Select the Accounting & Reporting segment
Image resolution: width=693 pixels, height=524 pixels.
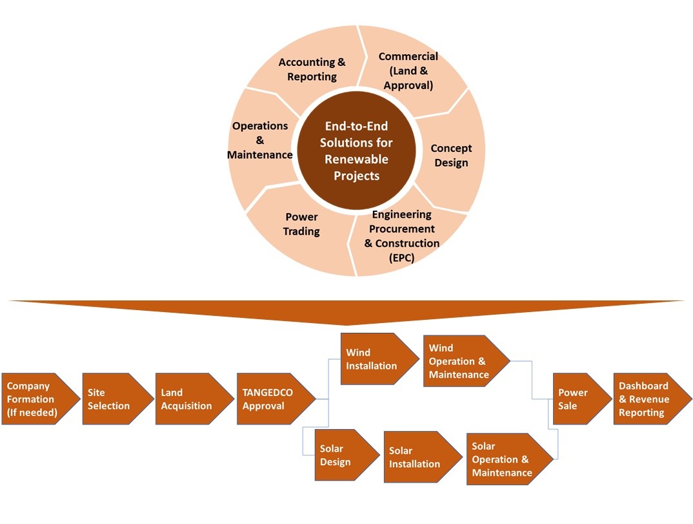point(312,69)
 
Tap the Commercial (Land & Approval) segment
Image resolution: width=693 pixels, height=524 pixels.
point(408,71)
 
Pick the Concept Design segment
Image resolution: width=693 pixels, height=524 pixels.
point(451,155)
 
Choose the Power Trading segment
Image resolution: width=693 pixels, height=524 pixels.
point(301,224)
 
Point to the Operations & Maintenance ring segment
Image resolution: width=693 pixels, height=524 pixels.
point(260,140)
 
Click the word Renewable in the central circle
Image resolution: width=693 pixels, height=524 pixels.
point(356,159)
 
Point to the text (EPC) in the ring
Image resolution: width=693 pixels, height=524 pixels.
point(401,258)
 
